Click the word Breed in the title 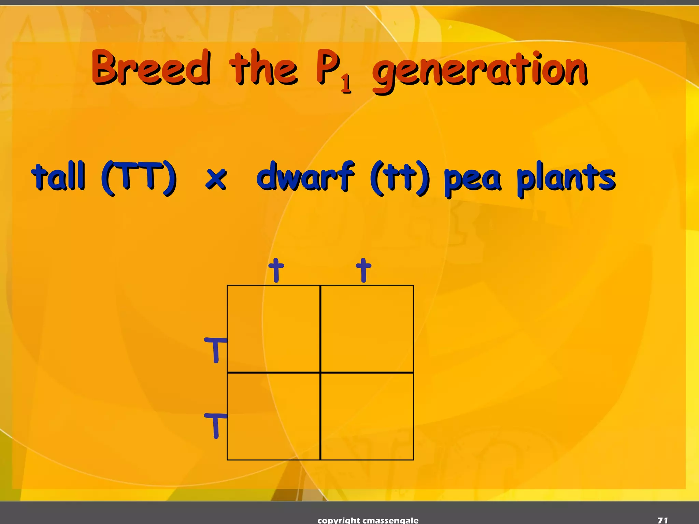pyautogui.click(x=151, y=67)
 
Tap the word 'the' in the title pyautogui.click(x=263, y=67)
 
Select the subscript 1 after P pyautogui.click(x=346, y=84)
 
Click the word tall pyautogui.click(x=58, y=176)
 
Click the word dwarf pyautogui.click(x=305, y=176)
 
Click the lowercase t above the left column pyautogui.click(x=276, y=270)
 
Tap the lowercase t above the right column pyautogui.click(x=363, y=270)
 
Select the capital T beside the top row pyautogui.click(x=215, y=350)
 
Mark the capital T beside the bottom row pyautogui.click(x=215, y=425)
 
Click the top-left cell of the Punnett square pyautogui.click(x=274, y=329)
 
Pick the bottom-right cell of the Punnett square pyautogui.click(x=367, y=416)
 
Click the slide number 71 pyautogui.click(x=662, y=520)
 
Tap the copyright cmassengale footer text pyautogui.click(x=368, y=520)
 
